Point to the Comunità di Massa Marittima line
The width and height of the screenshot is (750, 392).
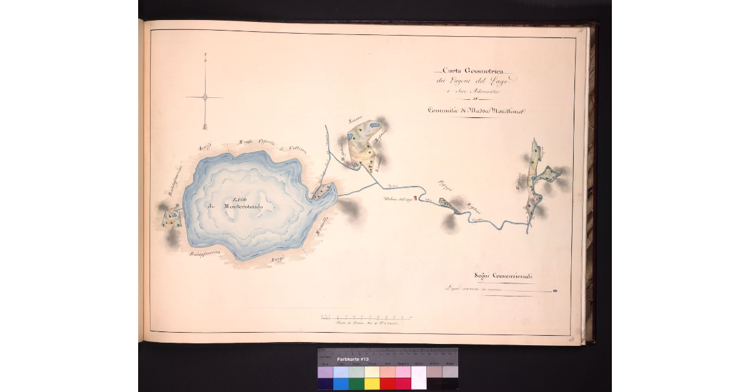tap(476, 110)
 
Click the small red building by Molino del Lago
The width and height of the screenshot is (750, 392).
tap(415, 198)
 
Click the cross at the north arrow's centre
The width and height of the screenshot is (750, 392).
tap(205, 97)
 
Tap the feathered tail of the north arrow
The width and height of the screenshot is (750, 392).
tap(205, 126)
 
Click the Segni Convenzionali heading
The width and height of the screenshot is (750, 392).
tap(502, 276)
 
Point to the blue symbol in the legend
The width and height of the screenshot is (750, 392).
tap(556, 290)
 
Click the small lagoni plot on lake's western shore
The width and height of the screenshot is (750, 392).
tap(171, 217)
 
